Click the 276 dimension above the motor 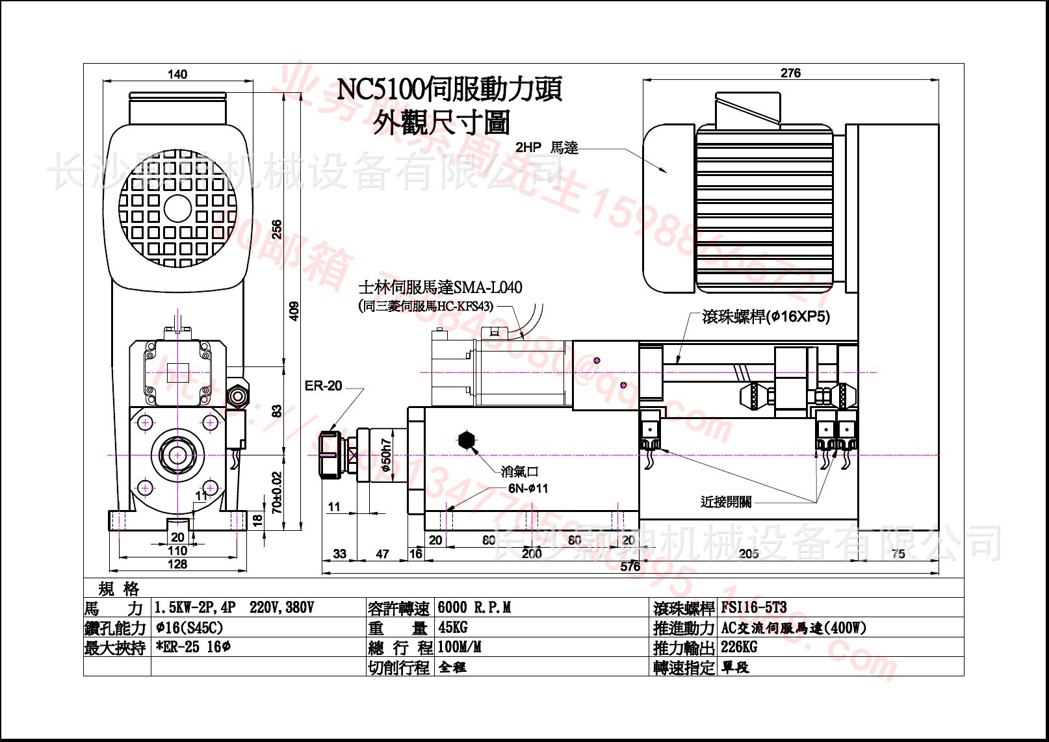tap(790, 73)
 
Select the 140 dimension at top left tap(177, 74)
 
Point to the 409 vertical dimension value tap(294, 311)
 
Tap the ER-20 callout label tap(323, 386)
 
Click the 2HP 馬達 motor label tap(547, 147)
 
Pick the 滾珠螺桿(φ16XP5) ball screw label tap(766, 317)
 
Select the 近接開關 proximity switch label tap(726, 502)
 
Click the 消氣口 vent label tap(519, 471)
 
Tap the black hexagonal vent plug tap(467, 441)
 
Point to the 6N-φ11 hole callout tap(528, 488)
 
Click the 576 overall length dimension tap(630, 567)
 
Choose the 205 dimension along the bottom tap(749, 554)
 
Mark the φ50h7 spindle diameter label tap(386, 455)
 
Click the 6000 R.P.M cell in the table tap(474, 608)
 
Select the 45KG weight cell tap(453, 628)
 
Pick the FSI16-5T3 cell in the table tap(754, 608)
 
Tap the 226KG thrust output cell tap(739, 647)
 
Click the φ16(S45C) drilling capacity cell tap(189, 628)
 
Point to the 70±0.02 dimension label tap(277, 493)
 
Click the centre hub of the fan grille tap(177, 209)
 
